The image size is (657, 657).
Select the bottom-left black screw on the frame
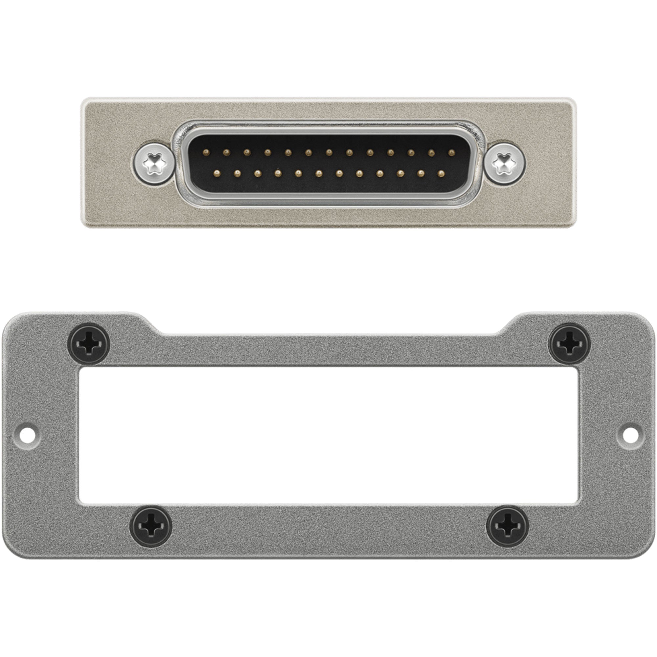[x=151, y=527]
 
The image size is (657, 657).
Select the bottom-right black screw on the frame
[x=508, y=527]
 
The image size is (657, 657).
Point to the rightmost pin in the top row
[x=452, y=151]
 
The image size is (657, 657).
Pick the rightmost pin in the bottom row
[x=442, y=174]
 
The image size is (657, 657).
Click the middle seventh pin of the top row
[x=328, y=151]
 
